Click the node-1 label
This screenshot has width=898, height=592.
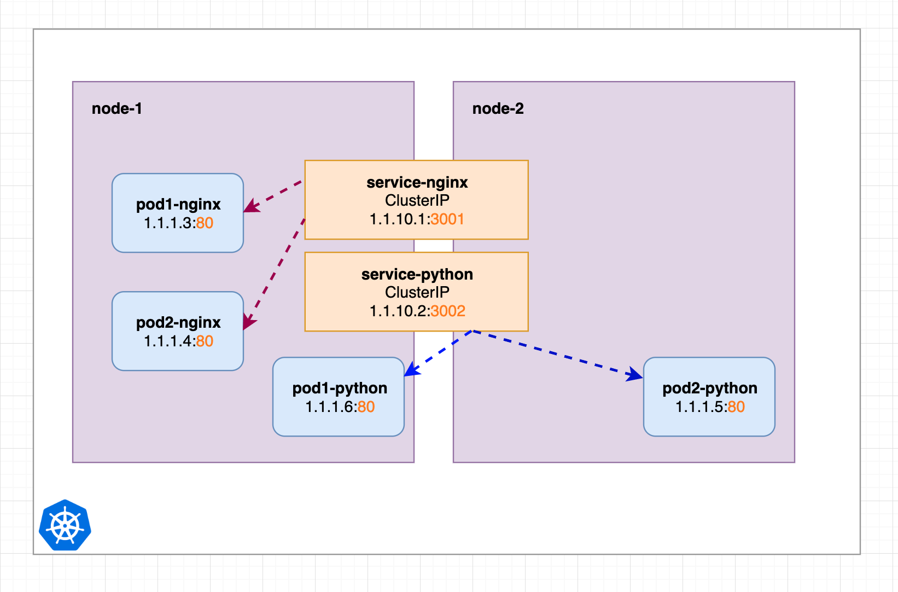(x=116, y=109)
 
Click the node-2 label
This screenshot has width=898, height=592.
(x=498, y=109)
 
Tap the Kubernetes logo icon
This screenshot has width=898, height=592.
(x=65, y=525)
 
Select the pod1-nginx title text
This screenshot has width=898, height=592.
(x=178, y=205)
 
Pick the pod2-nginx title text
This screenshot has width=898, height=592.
(x=178, y=323)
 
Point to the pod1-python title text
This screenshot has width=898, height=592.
(x=340, y=388)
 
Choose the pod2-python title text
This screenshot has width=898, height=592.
(x=709, y=388)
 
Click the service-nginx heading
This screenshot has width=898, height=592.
(x=417, y=183)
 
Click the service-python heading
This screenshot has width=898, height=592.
(x=417, y=275)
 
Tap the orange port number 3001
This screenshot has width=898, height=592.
(x=447, y=219)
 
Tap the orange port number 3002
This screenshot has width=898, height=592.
(x=448, y=311)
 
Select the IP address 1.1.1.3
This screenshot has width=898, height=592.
(x=167, y=223)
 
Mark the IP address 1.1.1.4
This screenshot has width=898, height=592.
(x=167, y=341)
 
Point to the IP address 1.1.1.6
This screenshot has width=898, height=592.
(x=329, y=407)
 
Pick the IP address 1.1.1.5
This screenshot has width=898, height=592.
(x=699, y=407)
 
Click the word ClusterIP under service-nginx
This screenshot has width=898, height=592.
(x=417, y=201)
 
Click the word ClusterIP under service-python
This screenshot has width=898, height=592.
(x=417, y=292)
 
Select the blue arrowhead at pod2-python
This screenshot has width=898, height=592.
(x=634, y=374)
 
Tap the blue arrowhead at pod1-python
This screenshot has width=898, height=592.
(x=412, y=369)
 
